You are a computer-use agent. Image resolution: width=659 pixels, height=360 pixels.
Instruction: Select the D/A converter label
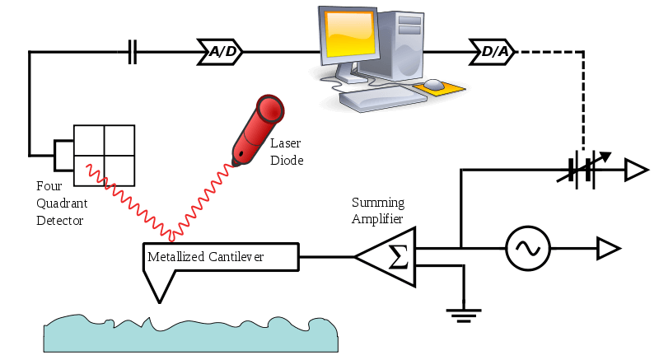point(493,53)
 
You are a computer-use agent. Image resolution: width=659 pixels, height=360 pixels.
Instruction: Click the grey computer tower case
point(403,41)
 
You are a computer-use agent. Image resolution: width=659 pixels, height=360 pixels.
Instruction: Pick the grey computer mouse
point(433,84)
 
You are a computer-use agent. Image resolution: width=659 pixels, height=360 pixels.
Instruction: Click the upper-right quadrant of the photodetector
point(119,140)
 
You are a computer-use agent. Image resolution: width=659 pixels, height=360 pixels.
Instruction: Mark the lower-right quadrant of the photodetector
point(119,171)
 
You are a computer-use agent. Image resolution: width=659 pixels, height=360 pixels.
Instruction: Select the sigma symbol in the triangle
point(397,257)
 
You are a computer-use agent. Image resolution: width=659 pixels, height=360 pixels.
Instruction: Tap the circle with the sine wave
point(528,248)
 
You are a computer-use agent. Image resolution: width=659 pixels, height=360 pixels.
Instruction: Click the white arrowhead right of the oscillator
point(607,248)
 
